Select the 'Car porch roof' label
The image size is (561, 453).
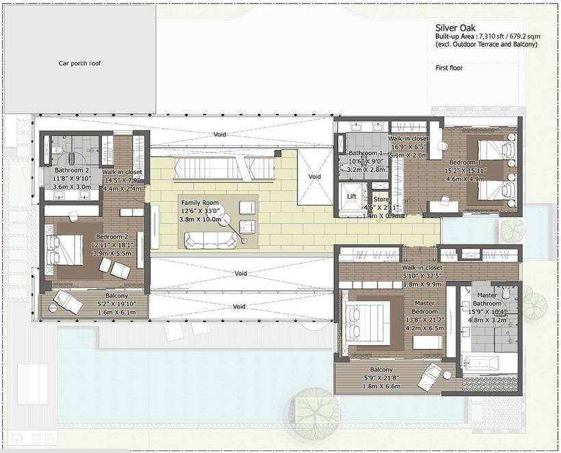coord(79,63)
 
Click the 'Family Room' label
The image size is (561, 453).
coord(200,204)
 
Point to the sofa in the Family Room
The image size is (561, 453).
coord(208,239)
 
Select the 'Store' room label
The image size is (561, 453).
coord(381,199)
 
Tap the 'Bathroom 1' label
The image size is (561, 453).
coord(365,153)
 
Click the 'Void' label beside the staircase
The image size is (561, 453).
coord(314,176)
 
